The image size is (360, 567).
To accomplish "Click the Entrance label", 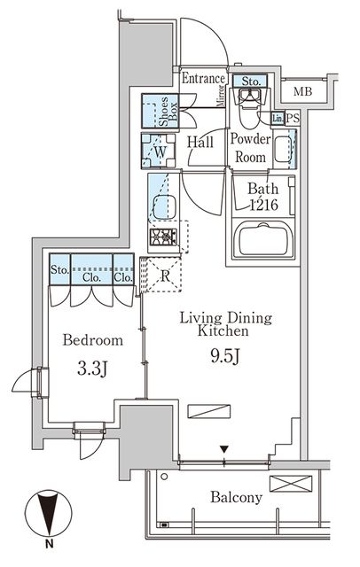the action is click(x=203, y=79).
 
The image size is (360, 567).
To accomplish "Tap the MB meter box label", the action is click(x=302, y=91).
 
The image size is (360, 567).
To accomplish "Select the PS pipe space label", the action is click(x=293, y=118).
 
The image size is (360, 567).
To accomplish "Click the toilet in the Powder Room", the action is click(x=249, y=108).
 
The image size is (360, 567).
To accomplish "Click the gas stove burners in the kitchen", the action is click(x=163, y=237).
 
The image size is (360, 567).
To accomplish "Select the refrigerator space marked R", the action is click(x=165, y=276).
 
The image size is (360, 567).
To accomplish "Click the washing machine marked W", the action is click(x=159, y=151).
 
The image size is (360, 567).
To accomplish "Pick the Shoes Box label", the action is click(x=168, y=111).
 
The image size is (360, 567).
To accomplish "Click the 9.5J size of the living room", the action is click(x=224, y=357).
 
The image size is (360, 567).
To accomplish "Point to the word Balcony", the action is click(x=236, y=497).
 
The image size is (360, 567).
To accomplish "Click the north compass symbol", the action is click(x=48, y=514).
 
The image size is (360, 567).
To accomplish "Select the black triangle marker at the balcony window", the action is click(x=224, y=449).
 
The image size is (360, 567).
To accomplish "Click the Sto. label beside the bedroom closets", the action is click(x=59, y=269).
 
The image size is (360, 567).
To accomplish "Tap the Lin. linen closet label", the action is click(x=278, y=118).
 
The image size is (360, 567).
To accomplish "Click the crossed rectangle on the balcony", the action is click(x=291, y=484).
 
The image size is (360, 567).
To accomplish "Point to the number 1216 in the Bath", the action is click(x=264, y=205).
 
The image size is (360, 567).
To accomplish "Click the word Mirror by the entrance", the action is click(x=220, y=97).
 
